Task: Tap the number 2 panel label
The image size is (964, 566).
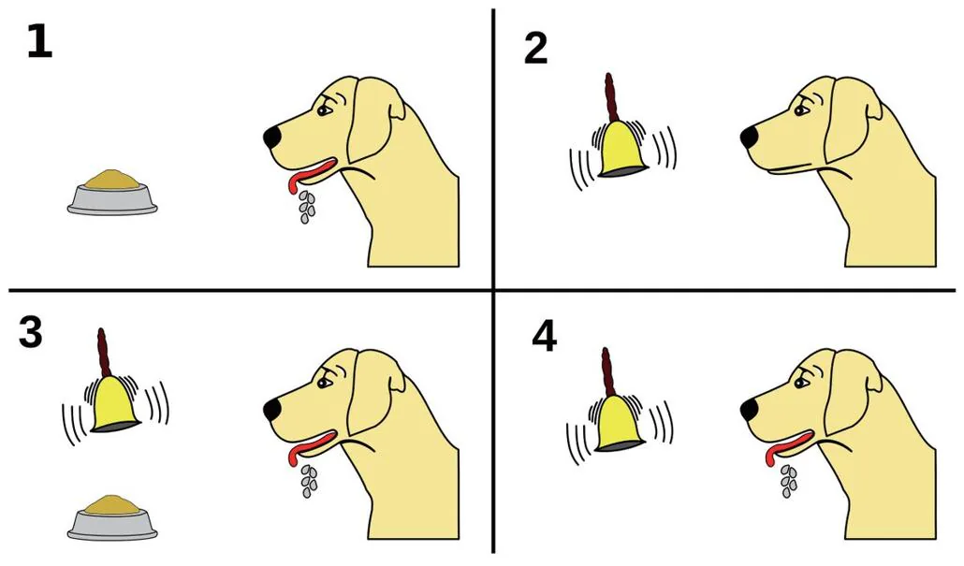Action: coord(535,49)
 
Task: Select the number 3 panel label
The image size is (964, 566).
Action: coord(31,332)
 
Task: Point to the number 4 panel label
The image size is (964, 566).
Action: coord(545,338)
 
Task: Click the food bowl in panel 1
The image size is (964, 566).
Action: coord(112,193)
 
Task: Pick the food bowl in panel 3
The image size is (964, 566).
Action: coord(112,517)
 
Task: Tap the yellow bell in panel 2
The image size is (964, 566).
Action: coord(622,149)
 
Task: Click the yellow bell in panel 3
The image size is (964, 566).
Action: coord(115,404)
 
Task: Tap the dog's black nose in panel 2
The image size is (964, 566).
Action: coord(750,138)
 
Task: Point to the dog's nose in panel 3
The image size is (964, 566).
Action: coord(273,410)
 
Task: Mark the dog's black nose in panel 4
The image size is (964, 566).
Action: coord(750,410)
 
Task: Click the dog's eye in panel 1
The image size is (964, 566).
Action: coord(323,110)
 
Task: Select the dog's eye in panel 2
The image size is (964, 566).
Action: coord(800,110)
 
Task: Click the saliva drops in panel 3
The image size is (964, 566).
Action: coord(307,481)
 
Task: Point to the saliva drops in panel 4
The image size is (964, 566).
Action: coord(787,481)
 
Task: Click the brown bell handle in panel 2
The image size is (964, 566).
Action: coord(610,97)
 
